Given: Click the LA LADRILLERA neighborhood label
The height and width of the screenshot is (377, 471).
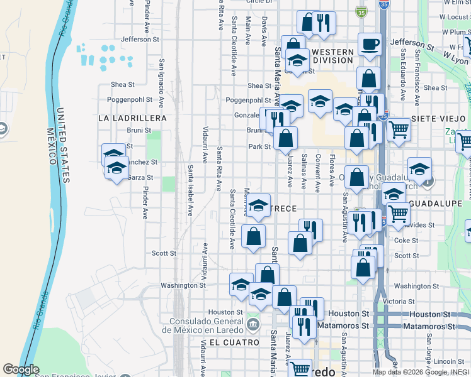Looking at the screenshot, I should point(133,118).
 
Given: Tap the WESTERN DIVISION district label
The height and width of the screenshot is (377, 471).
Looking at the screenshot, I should point(332,56).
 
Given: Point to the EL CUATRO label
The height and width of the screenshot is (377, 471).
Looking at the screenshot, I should point(234,342).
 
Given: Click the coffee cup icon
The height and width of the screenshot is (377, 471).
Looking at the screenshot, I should point(370,45).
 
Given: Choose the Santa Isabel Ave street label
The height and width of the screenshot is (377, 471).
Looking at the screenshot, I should point(190,190).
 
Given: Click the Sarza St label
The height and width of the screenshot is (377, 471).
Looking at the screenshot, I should point(140,177).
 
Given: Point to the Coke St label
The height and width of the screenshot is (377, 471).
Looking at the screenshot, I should point(406,240).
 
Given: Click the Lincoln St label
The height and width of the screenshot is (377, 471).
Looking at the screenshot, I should point(448,361).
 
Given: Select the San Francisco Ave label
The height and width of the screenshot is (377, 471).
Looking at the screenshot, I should point(417,76).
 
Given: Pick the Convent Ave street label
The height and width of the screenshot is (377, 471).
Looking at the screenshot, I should point(319,171).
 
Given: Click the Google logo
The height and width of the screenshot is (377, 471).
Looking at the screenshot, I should point(21,369).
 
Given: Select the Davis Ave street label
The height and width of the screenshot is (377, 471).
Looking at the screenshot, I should point(265,30).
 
